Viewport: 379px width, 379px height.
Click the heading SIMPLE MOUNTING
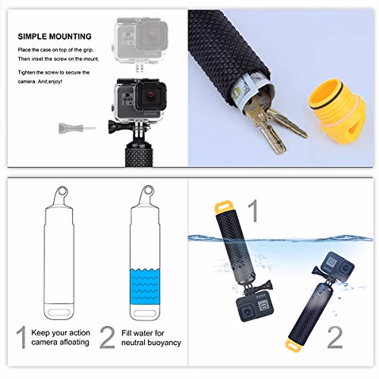(x=55, y=37)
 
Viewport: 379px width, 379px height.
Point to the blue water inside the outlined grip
(x=145, y=286)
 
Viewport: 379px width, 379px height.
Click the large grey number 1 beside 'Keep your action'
(x=21, y=338)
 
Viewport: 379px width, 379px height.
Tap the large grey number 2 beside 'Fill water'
(x=107, y=338)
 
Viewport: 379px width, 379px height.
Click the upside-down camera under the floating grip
(x=255, y=307)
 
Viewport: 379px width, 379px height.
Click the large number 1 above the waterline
(x=253, y=211)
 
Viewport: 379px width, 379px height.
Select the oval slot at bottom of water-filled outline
(x=146, y=314)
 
